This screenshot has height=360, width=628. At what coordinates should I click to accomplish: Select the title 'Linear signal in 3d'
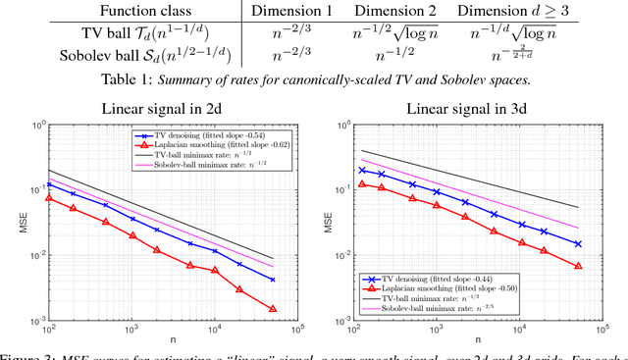460,109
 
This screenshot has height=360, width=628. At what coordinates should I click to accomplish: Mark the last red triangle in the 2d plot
273,309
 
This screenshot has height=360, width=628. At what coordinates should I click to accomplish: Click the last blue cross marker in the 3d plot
578,244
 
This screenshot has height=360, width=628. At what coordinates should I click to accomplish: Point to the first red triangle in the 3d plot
363,183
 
